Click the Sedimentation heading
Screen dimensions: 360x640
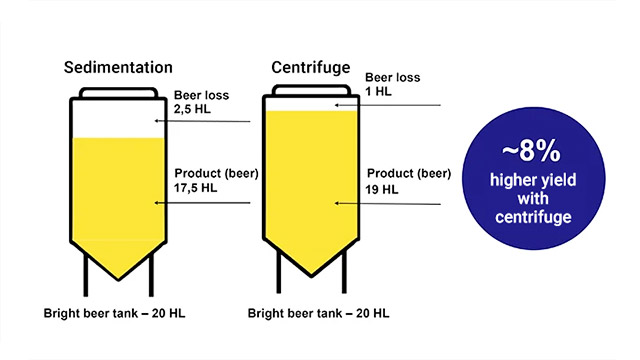coord(118,68)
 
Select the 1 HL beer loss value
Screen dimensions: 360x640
coord(378,91)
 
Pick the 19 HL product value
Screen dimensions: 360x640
coord(383,187)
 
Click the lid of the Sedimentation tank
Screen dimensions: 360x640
coord(119,91)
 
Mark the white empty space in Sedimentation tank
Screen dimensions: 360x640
coord(119,120)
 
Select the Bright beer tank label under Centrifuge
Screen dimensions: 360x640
coord(308,314)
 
